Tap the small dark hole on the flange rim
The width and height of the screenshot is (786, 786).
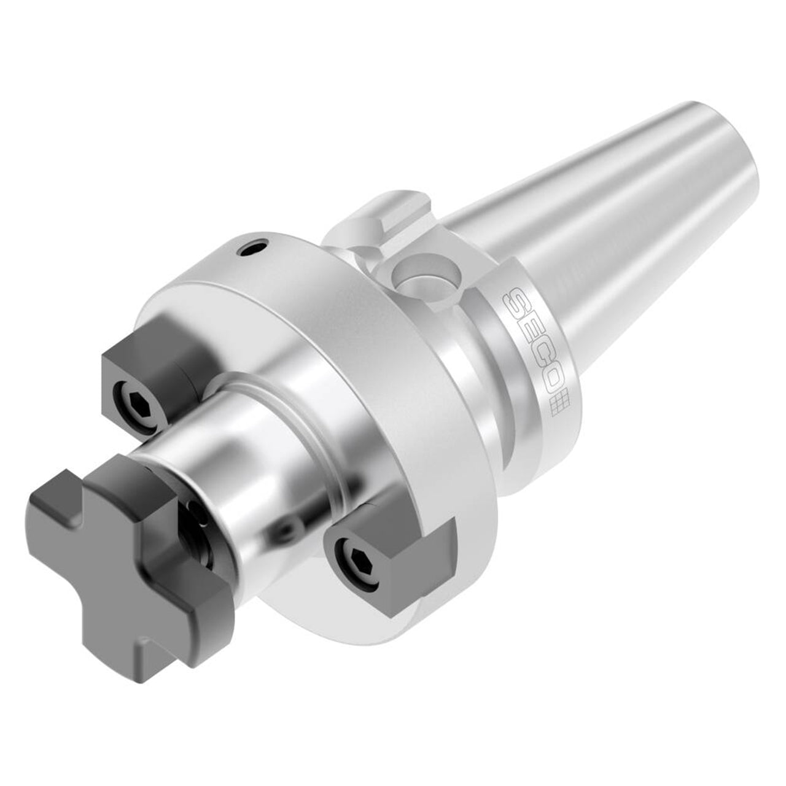[x=253, y=248]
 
